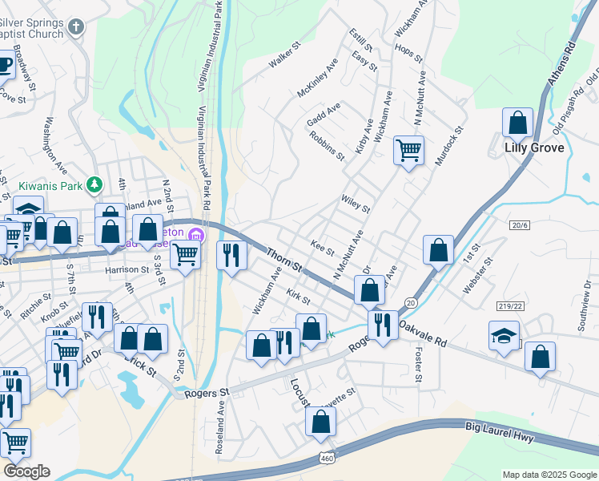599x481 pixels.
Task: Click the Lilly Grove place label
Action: (534, 148)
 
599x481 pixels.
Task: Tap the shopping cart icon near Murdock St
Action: (408, 149)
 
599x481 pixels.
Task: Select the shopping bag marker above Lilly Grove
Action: (518, 123)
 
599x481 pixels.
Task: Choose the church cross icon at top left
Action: (76, 27)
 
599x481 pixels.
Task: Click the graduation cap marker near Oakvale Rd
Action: (504, 335)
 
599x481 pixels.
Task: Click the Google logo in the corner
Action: (26, 471)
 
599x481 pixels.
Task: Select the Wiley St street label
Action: (355, 204)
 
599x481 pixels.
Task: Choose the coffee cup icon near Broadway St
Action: (3, 64)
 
